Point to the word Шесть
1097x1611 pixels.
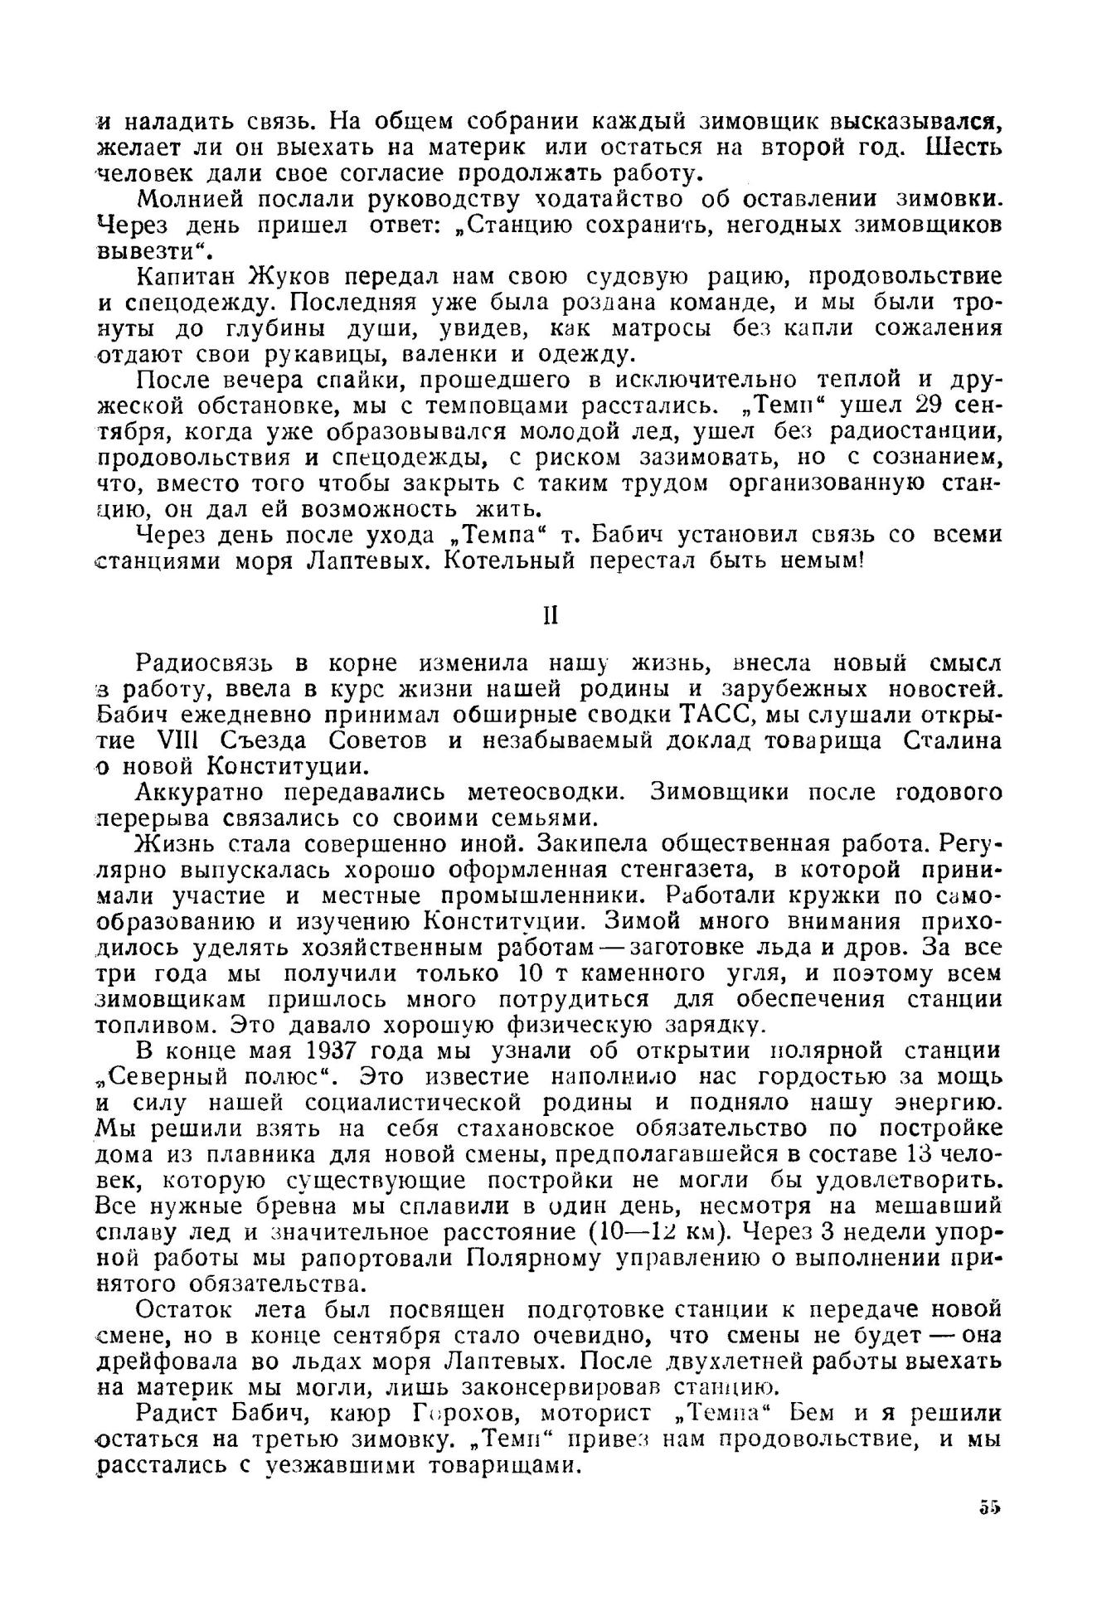964,148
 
